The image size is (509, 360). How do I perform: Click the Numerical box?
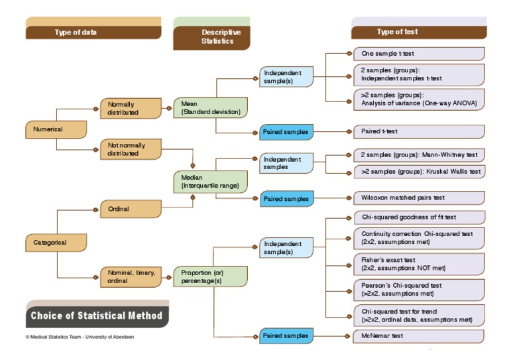56,129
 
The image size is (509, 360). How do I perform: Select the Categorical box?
56,243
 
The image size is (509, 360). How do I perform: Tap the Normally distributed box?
131,108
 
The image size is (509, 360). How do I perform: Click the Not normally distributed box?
131,149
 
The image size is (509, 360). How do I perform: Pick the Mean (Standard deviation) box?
210,107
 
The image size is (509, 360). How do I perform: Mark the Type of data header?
93,32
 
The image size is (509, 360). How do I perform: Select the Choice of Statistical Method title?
96,316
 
